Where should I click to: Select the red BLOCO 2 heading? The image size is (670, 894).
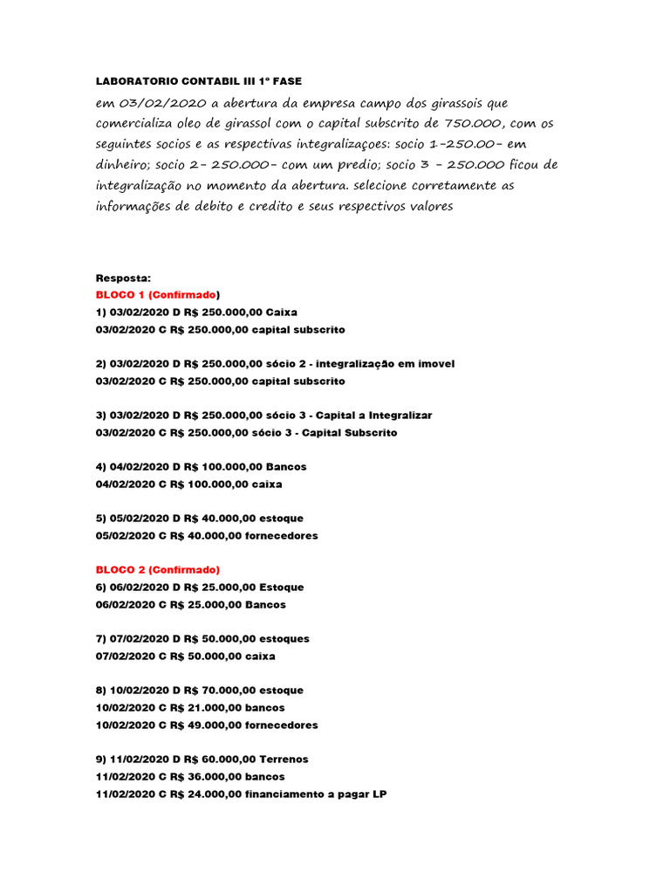159,570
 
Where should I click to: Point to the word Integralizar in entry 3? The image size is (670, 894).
393,415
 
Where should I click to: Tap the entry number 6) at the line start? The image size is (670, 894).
101,588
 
